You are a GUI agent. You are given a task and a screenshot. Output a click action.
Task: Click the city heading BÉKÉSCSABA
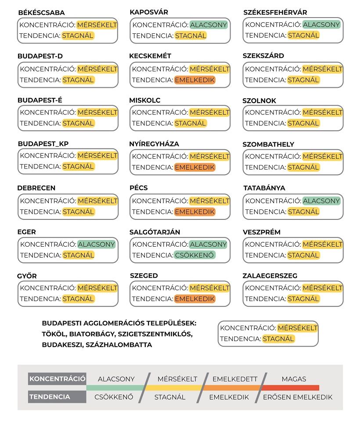[x=41, y=13]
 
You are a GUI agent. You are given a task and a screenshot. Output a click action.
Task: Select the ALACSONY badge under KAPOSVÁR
[x=209, y=25]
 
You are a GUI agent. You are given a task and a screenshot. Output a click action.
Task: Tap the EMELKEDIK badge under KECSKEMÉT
[x=195, y=80]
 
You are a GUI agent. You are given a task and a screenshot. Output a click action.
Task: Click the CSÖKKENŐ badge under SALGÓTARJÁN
[x=195, y=255]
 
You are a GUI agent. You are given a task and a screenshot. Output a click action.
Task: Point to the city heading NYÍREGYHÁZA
[x=154, y=144]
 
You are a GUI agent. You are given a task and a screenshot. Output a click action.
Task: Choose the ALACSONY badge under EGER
[x=97, y=244]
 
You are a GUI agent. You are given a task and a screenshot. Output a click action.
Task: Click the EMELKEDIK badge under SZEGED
[x=195, y=299]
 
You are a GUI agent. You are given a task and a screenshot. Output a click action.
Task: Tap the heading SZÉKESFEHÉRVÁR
[x=275, y=12]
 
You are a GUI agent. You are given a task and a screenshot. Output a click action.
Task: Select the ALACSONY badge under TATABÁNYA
[x=321, y=201]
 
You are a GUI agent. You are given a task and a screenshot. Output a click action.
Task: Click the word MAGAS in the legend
[x=294, y=379]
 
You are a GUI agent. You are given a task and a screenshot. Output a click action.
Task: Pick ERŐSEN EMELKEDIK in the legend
[x=298, y=397]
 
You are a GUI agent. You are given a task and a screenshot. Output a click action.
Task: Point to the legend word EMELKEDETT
[x=235, y=379]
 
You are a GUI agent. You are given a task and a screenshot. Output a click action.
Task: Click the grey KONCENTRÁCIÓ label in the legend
[x=57, y=379]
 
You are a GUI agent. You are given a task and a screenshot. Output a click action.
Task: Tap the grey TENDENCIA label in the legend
[x=50, y=397]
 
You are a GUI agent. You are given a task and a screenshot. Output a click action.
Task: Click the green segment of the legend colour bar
[x=115, y=388]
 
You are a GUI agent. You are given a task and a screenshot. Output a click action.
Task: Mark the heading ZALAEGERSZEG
[x=270, y=276]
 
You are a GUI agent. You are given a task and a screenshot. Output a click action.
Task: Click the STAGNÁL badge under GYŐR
[x=78, y=299]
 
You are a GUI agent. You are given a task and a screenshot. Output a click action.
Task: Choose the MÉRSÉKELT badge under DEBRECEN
[x=97, y=201]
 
